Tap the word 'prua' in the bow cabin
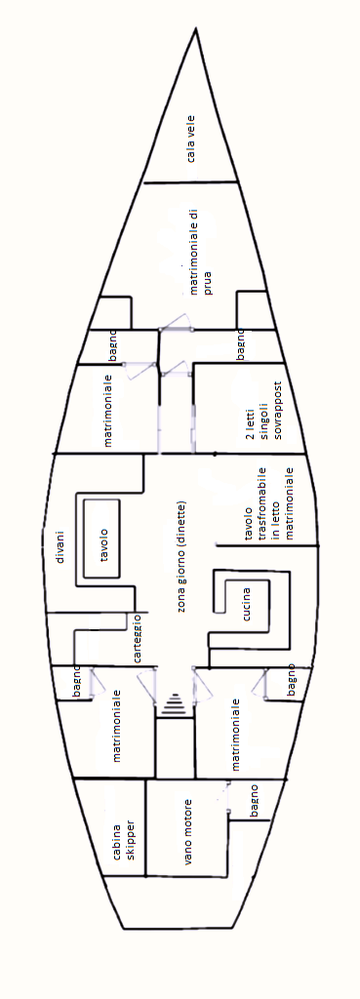point(208,274)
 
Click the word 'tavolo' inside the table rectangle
point(103,544)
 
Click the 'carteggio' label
point(138,640)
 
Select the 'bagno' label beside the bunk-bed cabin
point(241,344)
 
